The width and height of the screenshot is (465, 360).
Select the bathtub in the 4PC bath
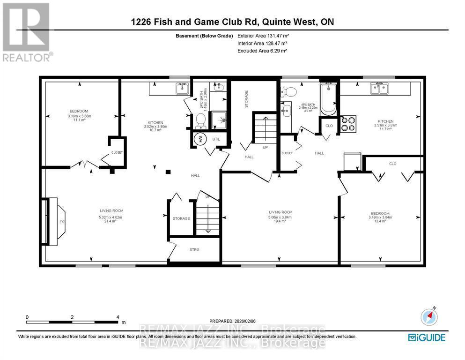point(328,99)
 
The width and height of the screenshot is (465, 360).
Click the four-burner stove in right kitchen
point(348,123)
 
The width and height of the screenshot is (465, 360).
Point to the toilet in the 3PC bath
point(200,121)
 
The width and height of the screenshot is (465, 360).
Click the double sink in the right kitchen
point(379,88)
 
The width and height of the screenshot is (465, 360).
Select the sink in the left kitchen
point(181,88)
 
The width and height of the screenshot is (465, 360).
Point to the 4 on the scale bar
point(118,317)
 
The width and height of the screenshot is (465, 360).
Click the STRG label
point(194,249)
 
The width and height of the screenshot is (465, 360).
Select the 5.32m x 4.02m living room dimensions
point(111,217)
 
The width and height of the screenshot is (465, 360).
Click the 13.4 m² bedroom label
point(380,221)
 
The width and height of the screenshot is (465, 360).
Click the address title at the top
point(232,22)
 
